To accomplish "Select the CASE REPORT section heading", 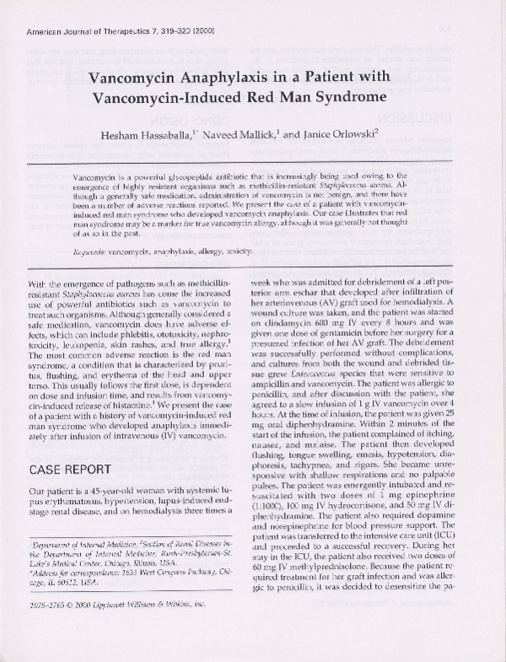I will pyautogui.click(x=71, y=466).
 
